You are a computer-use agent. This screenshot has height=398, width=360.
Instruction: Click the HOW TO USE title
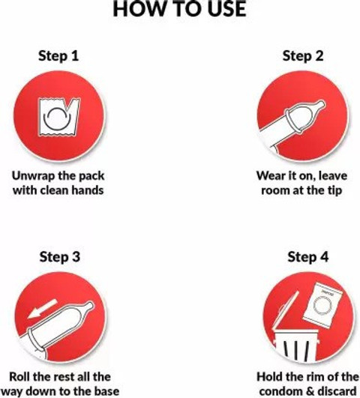point(179,9)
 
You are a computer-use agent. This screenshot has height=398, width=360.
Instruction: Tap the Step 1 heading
point(58,56)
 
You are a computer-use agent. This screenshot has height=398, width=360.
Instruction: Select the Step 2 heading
point(303,56)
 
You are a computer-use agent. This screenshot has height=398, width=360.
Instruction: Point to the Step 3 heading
point(60,256)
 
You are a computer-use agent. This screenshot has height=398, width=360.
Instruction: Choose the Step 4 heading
point(308,256)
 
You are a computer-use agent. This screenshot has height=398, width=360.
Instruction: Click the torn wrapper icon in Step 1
point(59,117)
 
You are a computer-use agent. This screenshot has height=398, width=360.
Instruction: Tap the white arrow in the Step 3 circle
point(43,308)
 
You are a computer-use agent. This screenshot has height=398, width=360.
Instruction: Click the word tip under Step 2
point(334,190)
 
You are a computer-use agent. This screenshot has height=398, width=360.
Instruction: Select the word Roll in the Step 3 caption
point(19,376)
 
